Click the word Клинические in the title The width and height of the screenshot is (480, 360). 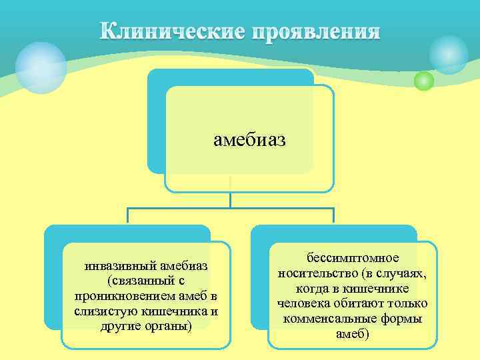[173, 32]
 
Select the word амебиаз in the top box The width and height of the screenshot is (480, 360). [249, 140]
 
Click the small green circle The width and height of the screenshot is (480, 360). [423, 81]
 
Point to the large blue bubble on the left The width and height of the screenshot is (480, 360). [41, 67]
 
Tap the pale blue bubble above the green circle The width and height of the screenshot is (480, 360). [448, 54]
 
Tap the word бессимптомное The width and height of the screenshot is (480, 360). [352, 257]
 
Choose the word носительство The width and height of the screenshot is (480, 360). [315, 273]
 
